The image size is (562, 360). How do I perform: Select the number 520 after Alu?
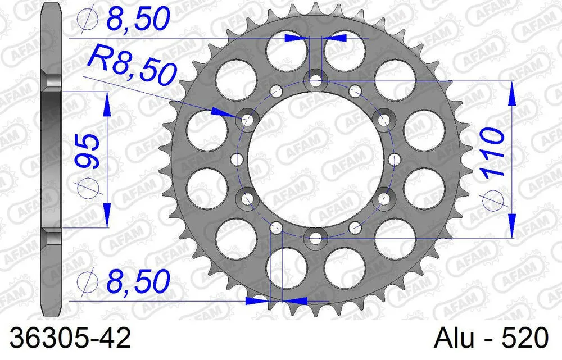pos(525,339)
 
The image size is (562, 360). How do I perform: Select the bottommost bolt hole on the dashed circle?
pos(315,238)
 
